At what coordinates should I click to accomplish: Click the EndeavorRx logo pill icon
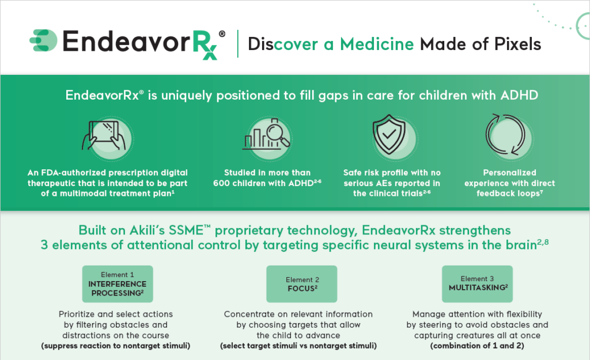43,40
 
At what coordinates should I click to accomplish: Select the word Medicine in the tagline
377,44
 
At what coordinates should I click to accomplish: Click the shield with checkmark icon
389,134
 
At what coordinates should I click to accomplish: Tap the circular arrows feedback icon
505,135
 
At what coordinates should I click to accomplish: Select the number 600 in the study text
223,183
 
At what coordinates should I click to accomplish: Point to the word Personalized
509,173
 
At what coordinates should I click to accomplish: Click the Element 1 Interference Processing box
118,284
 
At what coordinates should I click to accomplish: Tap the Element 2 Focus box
302,284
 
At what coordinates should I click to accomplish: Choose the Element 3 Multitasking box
477,284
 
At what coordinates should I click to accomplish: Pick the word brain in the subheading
520,245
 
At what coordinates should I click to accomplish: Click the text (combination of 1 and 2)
477,346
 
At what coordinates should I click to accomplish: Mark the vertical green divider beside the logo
238,44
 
